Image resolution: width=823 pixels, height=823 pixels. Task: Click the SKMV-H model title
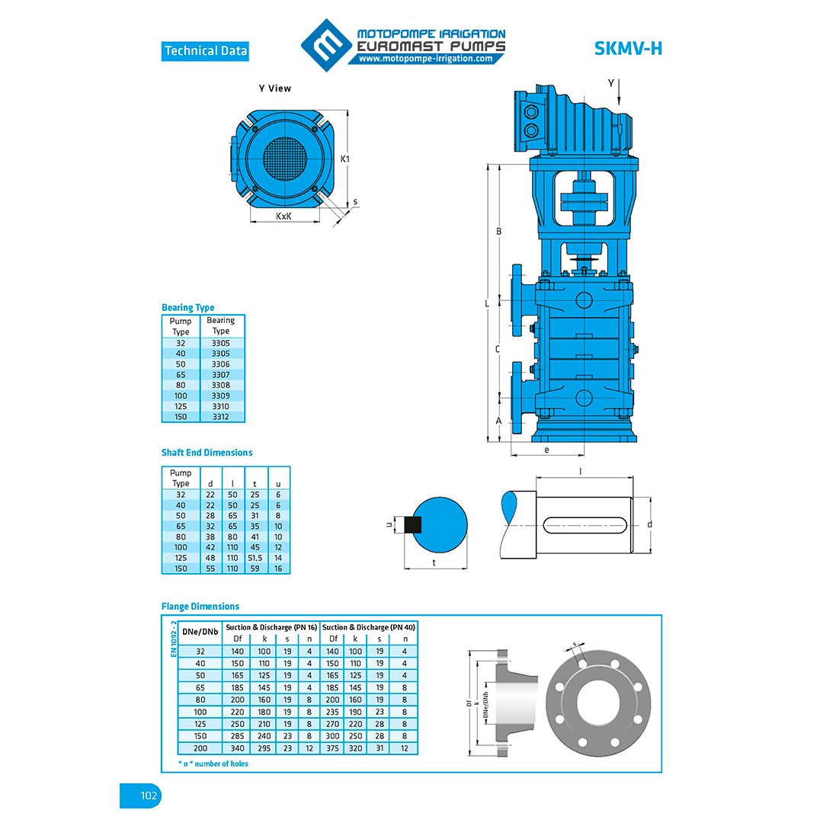[x=628, y=49]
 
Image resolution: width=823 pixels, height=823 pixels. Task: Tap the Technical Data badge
[x=206, y=51]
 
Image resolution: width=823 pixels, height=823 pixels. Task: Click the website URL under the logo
[x=425, y=59]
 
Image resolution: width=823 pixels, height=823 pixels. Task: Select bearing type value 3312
[x=220, y=417]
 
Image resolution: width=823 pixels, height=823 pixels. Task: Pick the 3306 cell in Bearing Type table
[x=220, y=364]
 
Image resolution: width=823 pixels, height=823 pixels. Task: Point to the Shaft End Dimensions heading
[x=207, y=453]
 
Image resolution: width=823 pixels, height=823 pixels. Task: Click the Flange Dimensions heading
[x=200, y=607]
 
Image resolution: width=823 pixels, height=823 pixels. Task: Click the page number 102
[x=149, y=796]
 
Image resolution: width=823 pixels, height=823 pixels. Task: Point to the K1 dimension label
[x=345, y=159]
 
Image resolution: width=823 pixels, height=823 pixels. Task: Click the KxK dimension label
[x=283, y=216]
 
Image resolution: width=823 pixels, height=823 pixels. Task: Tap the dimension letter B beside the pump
[x=498, y=231]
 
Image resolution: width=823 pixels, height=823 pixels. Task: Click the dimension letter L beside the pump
[x=488, y=303]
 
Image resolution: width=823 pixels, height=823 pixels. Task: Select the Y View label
[x=274, y=88]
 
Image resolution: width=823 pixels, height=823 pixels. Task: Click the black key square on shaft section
[x=413, y=524]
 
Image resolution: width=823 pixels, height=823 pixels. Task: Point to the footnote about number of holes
[x=213, y=764]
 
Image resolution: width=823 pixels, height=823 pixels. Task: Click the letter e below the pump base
[x=547, y=450]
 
